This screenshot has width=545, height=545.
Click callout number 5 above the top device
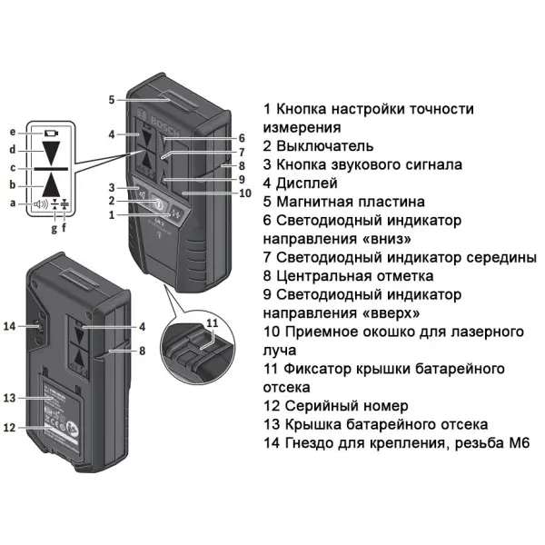point(111,99)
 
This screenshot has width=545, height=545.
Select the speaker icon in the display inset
point(40,203)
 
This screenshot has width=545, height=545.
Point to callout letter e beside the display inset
point(13,133)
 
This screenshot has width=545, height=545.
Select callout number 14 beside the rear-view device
point(11,325)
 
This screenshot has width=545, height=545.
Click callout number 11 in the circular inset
point(212,323)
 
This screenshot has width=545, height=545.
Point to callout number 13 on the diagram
point(11,398)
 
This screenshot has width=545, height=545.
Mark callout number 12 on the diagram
point(11,427)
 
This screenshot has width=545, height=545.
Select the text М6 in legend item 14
point(518,443)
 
